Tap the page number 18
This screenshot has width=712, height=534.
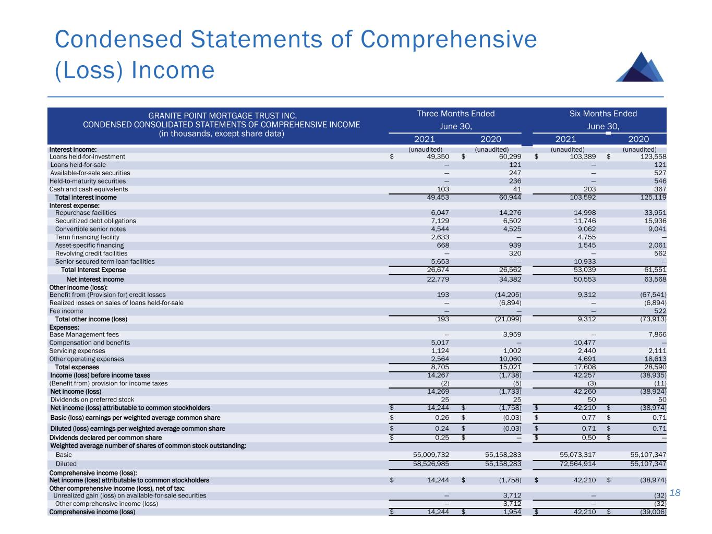pyautogui.click(x=676, y=493)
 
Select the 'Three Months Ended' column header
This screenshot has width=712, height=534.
pyautogui.click(x=455, y=114)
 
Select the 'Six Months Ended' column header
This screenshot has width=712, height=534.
pyautogui.click(x=603, y=114)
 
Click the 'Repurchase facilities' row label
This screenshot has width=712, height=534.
pyautogui.click(x=86, y=213)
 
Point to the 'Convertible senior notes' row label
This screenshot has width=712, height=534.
pyautogui.click(x=90, y=229)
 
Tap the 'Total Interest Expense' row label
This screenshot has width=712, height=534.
pyautogui.click(x=93, y=270)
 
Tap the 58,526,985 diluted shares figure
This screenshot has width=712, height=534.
pyautogui.click(x=424, y=464)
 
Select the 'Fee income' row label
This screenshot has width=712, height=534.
pyautogui.click(x=66, y=311)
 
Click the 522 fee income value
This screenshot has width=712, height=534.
pyautogui.click(x=660, y=311)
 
